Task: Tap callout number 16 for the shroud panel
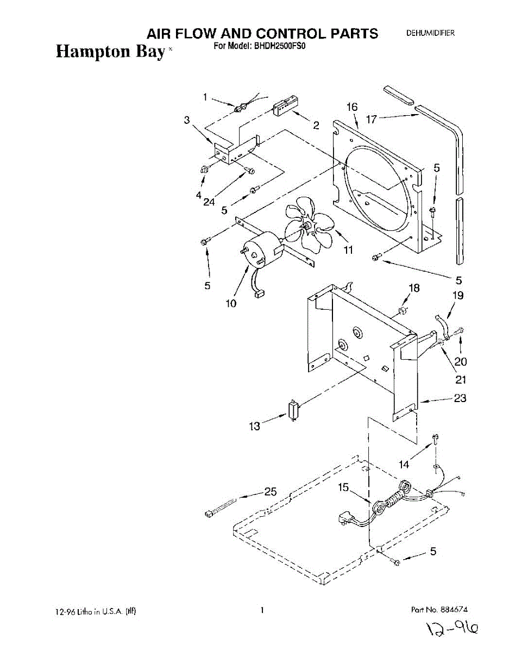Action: click(x=352, y=108)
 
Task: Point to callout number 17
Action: click(x=371, y=119)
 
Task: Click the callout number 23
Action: click(x=460, y=398)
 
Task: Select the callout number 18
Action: click(x=414, y=289)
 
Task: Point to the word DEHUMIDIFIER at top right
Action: click(x=431, y=34)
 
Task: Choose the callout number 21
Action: click(x=461, y=379)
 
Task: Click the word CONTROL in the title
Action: click(x=291, y=34)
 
